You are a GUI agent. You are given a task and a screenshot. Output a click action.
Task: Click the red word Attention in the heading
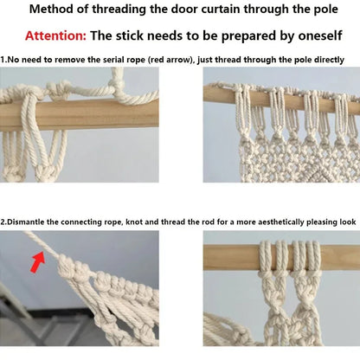(x=55, y=36)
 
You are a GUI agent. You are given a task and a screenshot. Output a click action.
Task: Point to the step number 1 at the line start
(x=3, y=59)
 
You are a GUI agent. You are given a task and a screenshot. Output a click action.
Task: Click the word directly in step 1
(x=325, y=59)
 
